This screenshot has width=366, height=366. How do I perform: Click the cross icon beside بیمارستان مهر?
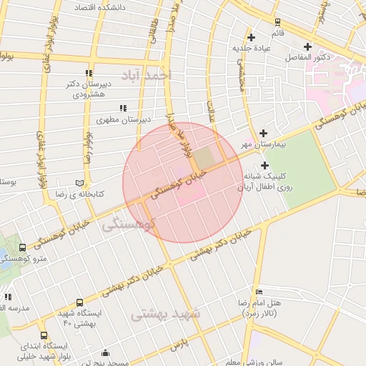(x=264, y=133)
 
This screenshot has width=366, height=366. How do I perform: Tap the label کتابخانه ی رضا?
(x=99, y=194)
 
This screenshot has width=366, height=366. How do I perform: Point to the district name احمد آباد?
(x=147, y=75)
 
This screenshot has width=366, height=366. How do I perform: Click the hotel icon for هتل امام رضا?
(x=259, y=292)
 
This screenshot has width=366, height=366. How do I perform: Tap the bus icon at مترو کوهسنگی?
(x=24, y=247)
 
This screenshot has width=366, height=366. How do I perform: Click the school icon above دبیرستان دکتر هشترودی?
(x=89, y=73)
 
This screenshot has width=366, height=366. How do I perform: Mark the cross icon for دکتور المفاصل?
(x=307, y=46)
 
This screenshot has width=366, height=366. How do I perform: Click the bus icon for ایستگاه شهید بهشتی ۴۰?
(x=79, y=303)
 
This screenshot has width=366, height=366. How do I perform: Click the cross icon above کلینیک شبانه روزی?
(x=264, y=165)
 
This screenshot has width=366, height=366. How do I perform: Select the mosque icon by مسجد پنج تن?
(x=106, y=352)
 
